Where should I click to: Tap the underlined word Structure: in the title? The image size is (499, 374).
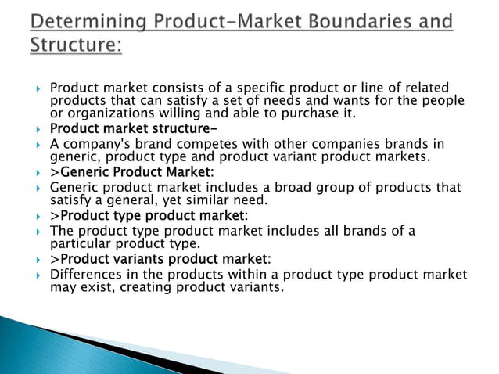tap(76, 45)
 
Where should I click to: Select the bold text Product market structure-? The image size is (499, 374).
tap(134, 128)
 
